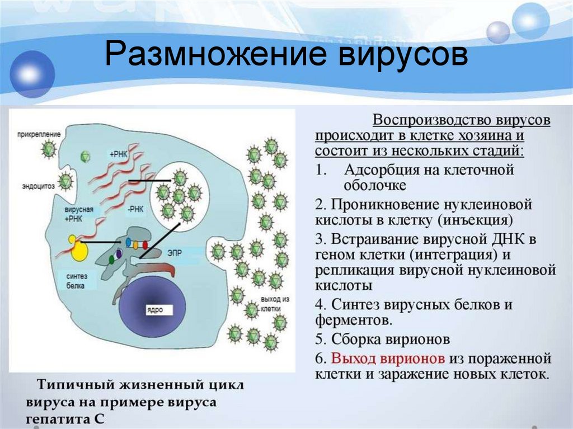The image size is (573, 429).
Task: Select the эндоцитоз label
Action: [37, 187]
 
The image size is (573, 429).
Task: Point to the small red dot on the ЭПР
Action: [145, 244]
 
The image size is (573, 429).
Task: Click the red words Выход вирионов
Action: [388, 358]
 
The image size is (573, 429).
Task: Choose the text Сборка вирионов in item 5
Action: [390, 340]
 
